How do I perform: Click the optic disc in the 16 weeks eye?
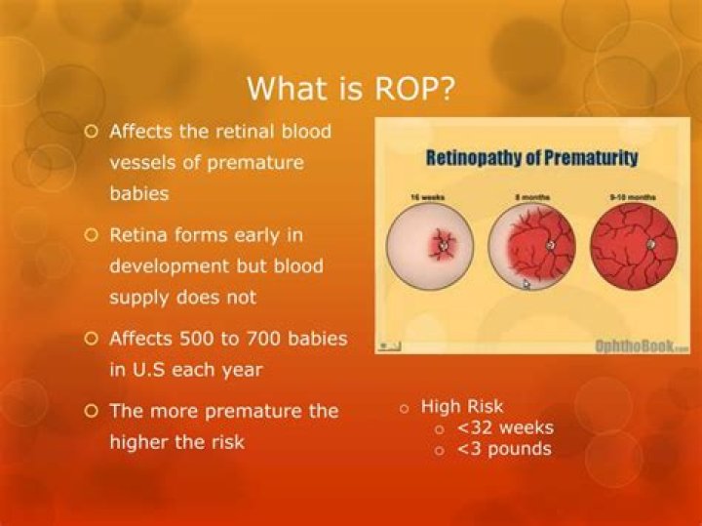(444, 247)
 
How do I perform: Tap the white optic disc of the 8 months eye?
(551, 246)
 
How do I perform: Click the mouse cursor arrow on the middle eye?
(526, 284)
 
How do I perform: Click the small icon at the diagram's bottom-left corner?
(390, 344)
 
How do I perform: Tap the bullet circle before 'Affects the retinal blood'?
(93, 131)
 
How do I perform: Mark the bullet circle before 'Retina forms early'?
(93, 234)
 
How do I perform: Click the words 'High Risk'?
(462, 406)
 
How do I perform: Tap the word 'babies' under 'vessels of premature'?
(138, 193)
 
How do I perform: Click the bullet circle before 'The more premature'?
(93, 411)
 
